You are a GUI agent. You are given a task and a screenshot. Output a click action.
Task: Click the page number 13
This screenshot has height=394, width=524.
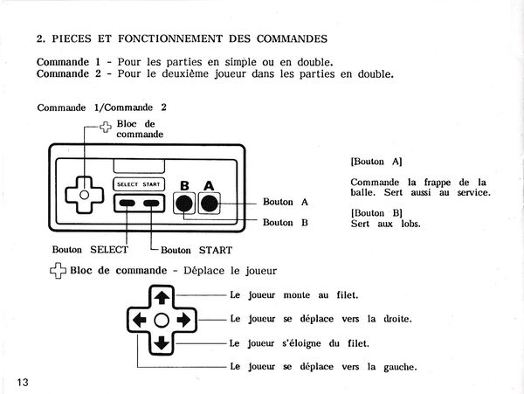(x=23, y=382)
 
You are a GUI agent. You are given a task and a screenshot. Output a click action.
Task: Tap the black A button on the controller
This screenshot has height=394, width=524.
(x=210, y=204)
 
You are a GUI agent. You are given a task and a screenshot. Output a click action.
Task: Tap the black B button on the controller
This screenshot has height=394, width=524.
(x=184, y=204)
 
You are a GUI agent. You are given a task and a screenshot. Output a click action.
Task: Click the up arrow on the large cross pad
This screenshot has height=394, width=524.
(x=162, y=297)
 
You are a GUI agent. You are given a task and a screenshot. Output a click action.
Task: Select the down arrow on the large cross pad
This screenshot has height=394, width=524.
(x=162, y=343)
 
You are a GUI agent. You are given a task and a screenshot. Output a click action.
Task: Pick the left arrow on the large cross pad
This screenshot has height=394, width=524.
(x=139, y=321)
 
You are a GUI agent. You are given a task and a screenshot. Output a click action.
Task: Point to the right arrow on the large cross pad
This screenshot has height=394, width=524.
(x=183, y=321)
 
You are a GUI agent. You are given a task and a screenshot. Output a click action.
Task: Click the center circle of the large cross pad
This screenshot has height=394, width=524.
(x=162, y=321)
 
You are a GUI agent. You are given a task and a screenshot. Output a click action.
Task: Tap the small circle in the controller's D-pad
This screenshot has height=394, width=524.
(x=84, y=195)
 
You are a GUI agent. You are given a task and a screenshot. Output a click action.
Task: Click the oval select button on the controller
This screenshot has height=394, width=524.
(x=128, y=203)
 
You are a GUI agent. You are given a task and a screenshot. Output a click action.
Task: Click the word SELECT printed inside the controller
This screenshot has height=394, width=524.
(x=128, y=184)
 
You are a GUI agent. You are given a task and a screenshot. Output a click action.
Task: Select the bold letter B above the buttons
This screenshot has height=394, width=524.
(x=184, y=186)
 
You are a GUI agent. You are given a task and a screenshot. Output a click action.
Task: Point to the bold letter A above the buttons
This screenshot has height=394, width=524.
(x=209, y=186)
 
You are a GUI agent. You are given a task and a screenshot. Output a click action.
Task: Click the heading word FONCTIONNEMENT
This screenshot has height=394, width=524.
(x=170, y=38)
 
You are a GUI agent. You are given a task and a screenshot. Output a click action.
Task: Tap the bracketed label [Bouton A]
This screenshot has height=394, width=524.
(x=376, y=162)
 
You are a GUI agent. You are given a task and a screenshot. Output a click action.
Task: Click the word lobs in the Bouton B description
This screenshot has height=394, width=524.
(x=410, y=224)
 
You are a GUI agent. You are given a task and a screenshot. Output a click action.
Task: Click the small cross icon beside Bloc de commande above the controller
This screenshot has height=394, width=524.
(x=106, y=127)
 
